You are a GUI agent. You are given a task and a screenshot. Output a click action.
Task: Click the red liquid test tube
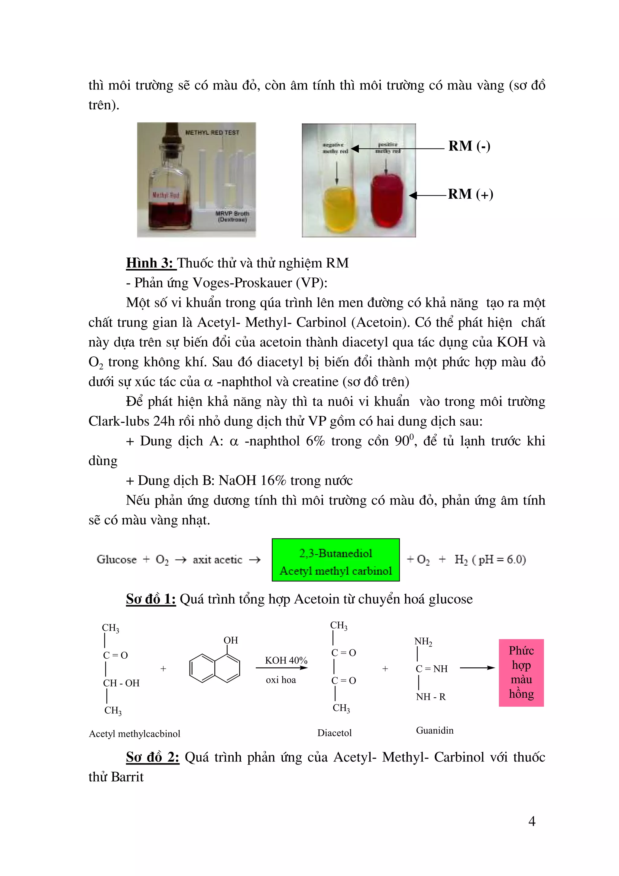[x=386, y=200]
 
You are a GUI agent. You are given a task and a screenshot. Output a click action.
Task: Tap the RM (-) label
[x=469, y=146]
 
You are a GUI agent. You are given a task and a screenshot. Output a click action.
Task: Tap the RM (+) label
[x=470, y=194]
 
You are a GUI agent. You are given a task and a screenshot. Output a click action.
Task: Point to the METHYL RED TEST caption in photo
[x=212, y=132]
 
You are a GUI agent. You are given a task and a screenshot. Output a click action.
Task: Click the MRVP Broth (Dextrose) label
[x=232, y=216]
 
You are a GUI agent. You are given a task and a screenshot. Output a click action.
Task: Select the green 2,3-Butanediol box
[x=335, y=560]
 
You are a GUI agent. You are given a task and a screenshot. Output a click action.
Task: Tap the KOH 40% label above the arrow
[x=286, y=660]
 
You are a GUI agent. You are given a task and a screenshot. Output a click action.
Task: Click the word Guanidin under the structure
[x=434, y=730]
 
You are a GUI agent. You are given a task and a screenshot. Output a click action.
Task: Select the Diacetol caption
[x=334, y=732]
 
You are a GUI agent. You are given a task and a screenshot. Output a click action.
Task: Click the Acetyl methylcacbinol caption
[x=134, y=734]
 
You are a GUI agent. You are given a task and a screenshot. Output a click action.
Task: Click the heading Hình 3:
[x=151, y=263]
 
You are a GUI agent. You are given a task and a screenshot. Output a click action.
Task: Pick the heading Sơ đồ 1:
[x=151, y=599]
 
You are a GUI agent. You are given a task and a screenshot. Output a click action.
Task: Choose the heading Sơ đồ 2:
[x=153, y=757]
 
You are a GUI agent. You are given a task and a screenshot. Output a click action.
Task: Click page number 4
[x=532, y=821]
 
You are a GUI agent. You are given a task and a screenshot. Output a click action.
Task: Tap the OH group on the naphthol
[x=230, y=640]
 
